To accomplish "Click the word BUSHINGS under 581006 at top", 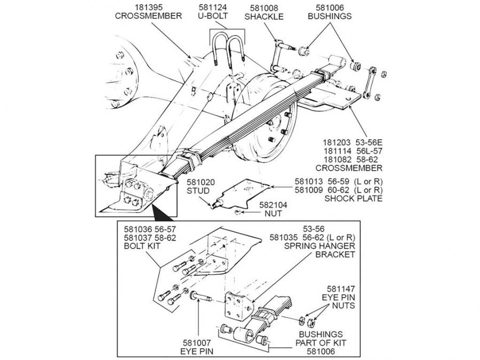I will click(330, 16).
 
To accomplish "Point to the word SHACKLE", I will click(264, 16).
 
